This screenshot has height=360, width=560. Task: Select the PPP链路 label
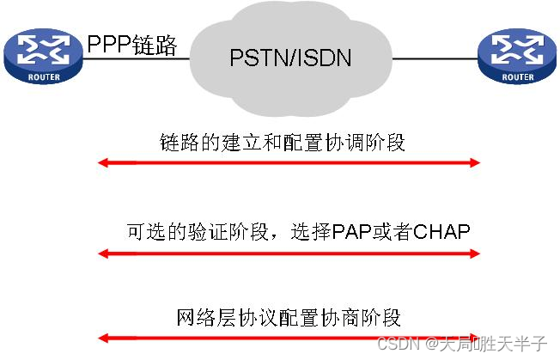[131, 45]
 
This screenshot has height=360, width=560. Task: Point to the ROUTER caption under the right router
[518, 76]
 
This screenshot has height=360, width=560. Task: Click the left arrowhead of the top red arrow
[102, 163]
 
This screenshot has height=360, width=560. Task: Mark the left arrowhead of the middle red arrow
[102, 253]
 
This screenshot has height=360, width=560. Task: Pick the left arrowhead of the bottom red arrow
[102, 339]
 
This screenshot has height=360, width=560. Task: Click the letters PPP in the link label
[109, 45]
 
